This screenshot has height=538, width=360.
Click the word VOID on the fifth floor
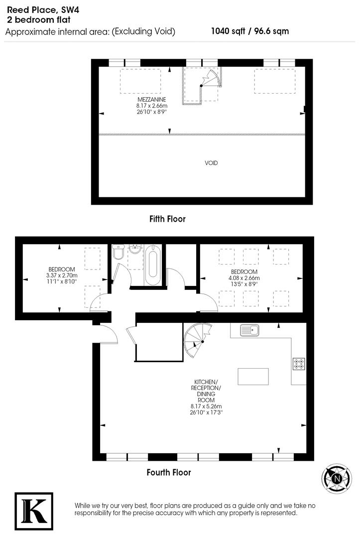(x=211, y=163)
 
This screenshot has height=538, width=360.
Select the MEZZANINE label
(x=152, y=100)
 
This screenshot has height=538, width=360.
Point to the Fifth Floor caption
(x=167, y=219)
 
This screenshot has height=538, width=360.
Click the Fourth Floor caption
(x=169, y=472)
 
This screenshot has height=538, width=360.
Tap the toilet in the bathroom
(x=119, y=253)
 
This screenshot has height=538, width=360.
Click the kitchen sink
(x=248, y=330)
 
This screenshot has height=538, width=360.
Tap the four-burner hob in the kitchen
(x=299, y=364)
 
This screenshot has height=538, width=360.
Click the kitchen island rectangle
(x=253, y=376)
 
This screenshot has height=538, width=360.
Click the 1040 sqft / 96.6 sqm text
(x=250, y=31)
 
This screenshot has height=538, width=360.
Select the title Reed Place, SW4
(x=39, y=10)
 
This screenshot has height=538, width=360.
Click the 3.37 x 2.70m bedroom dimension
(x=62, y=275)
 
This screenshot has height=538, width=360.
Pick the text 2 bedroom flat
(x=39, y=20)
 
